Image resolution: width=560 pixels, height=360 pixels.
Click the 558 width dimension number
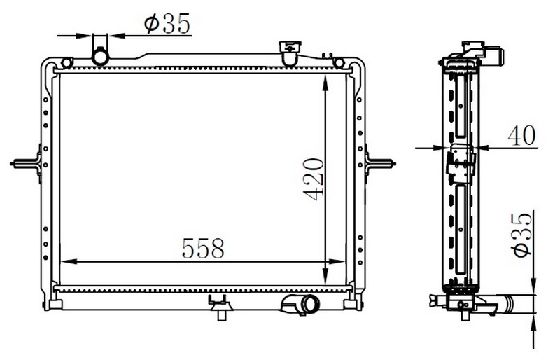(x=203, y=248)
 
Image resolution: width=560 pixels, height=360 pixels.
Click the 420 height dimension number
(x=314, y=179)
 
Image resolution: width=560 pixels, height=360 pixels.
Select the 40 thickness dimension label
(x=521, y=135)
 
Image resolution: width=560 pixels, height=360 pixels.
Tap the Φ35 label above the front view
(x=167, y=24)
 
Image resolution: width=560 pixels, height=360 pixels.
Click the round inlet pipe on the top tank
(x=100, y=56)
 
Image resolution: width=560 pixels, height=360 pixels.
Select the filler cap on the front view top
(x=290, y=53)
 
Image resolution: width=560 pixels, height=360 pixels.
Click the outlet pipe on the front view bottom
(x=300, y=305)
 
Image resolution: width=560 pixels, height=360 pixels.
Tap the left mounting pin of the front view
(x=26, y=163)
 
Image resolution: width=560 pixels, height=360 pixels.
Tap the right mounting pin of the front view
(x=380, y=164)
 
